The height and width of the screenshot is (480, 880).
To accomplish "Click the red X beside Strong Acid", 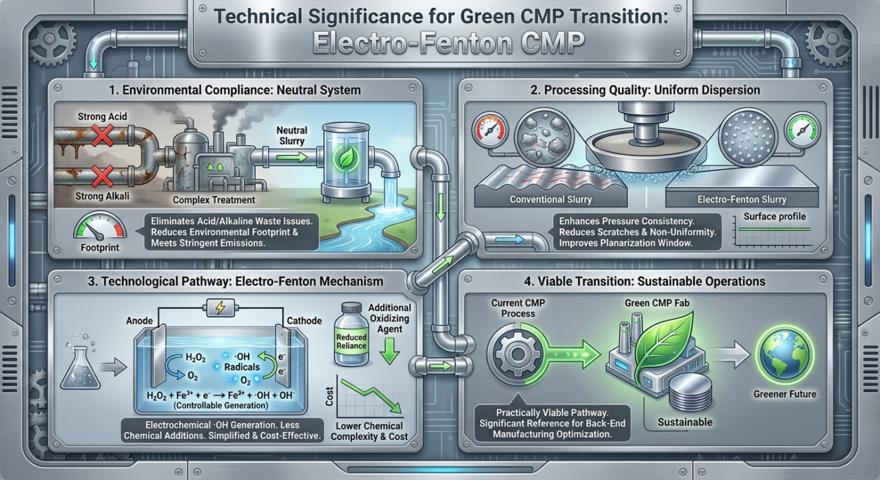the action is (103, 136).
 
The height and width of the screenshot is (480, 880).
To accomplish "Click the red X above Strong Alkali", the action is (103, 175).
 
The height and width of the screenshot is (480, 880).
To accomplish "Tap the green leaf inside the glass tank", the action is (345, 158).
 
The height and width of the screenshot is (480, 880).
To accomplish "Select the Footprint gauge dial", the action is (100, 226).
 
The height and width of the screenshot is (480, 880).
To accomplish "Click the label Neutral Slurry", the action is (292, 135).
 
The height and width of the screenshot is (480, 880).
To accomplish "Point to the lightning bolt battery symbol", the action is (221, 307).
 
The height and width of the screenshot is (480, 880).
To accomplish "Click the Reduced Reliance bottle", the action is (351, 334).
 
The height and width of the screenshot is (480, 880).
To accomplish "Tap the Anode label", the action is (139, 320).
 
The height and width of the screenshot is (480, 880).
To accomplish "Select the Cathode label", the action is (304, 320).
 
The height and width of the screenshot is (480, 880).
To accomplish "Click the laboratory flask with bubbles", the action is (81, 363).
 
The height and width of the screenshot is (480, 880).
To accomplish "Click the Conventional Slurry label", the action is (550, 200).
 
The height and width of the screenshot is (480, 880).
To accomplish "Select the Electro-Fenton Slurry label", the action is (742, 200).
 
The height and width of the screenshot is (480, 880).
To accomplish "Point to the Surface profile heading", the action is (774, 217).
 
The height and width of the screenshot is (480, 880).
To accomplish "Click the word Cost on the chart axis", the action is (330, 396).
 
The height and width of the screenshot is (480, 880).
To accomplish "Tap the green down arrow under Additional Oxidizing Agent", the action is (390, 351).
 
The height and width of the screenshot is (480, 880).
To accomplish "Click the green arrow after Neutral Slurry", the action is (292, 158).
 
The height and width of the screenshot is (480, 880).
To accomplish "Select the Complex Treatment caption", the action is (214, 200).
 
